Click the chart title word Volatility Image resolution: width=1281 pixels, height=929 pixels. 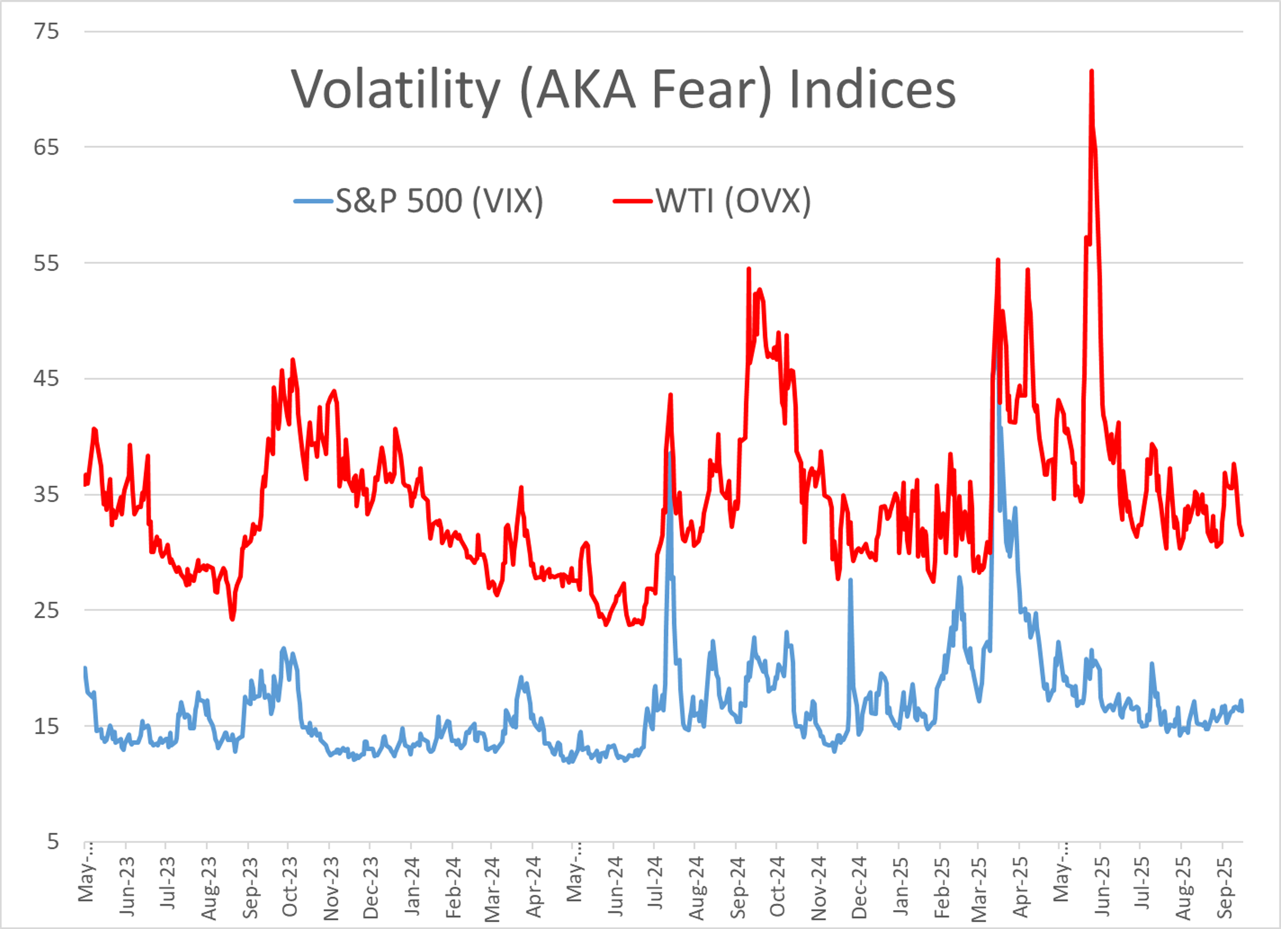395,90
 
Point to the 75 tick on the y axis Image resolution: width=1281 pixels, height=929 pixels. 46,32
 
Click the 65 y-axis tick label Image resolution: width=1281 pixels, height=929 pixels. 46,147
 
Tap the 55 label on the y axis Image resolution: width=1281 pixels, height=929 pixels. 46,263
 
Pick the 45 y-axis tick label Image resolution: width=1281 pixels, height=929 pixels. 46,378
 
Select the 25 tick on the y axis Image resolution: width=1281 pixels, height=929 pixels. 46,610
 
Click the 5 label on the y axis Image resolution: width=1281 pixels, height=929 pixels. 52,841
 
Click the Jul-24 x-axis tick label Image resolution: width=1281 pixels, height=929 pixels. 655,884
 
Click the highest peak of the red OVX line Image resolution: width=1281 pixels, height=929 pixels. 1091,71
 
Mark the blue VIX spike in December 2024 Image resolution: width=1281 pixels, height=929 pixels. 850,580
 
